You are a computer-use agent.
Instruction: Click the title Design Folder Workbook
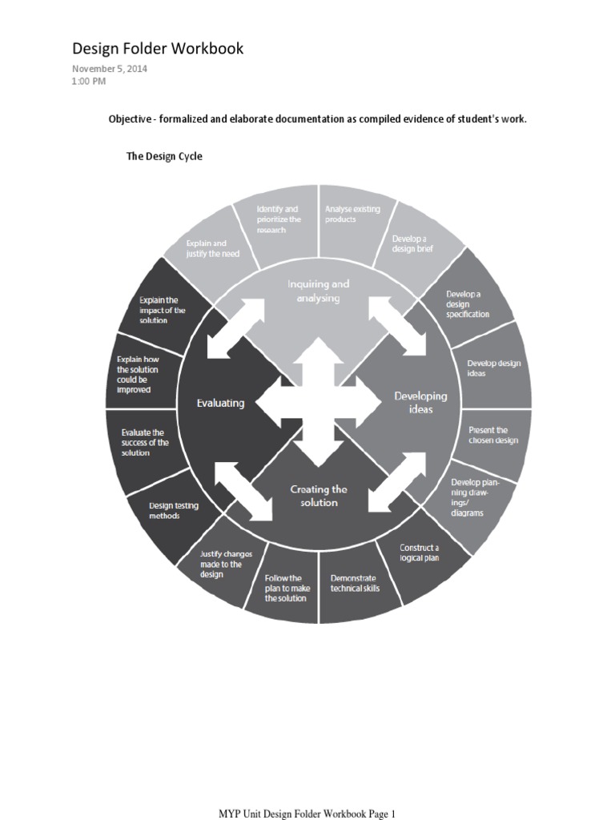[x=158, y=49]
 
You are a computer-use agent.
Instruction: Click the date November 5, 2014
[x=110, y=69]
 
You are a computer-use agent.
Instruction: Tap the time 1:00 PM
[x=89, y=80]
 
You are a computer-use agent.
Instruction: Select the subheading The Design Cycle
[x=164, y=156]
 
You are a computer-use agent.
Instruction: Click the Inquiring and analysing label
[x=320, y=291]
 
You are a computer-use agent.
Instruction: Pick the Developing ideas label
[x=420, y=402]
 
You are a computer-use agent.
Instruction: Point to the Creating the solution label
[x=319, y=496]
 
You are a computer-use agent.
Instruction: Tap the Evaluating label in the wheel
[x=220, y=403]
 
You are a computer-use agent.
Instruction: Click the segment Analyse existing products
[x=352, y=214]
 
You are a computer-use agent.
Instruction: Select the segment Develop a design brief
[x=410, y=243]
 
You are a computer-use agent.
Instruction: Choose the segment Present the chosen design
[x=493, y=435]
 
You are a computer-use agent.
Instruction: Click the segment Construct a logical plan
[x=420, y=553]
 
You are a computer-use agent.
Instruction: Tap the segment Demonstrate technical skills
[x=355, y=583]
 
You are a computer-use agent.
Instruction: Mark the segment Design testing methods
[x=174, y=510]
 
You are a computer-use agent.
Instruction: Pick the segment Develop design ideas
[x=493, y=368]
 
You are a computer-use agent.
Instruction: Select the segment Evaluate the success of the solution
[x=144, y=442]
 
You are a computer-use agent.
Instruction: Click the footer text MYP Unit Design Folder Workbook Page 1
[x=307, y=814]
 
